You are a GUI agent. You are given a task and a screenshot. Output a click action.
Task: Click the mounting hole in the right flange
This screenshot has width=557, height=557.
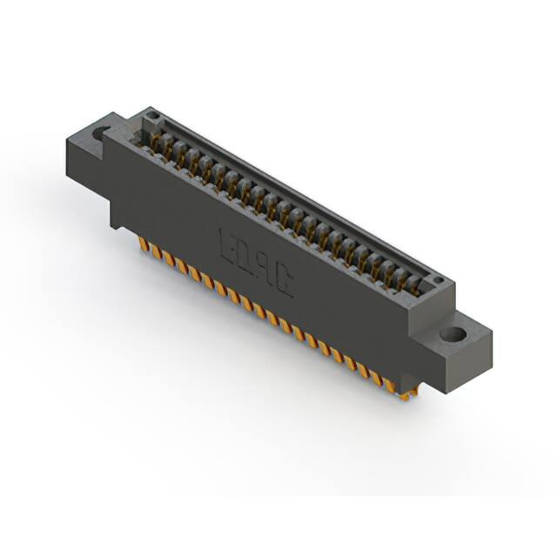[x=453, y=334]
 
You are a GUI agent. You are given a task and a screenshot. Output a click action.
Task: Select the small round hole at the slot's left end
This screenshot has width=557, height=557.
[x=152, y=116]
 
